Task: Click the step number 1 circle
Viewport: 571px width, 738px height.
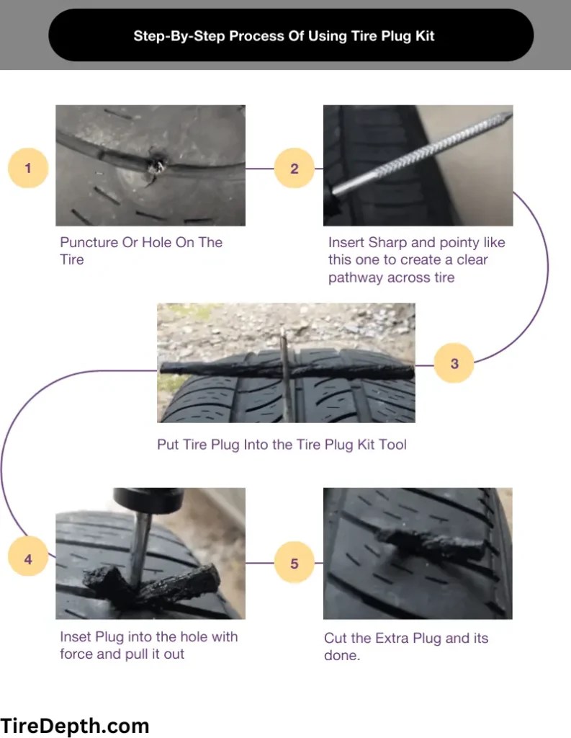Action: coord(28,168)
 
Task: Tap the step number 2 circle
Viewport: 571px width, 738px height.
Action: coord(295,168)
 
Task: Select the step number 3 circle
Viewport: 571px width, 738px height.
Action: coord(454,363)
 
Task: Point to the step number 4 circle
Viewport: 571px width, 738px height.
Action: coord(28,559)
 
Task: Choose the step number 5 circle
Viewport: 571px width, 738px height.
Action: coord(295,563)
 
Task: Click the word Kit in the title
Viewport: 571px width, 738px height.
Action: coord(426,36)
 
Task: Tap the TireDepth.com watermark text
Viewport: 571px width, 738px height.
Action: coord(74,725)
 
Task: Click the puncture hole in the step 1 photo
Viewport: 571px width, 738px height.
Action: coord(156,164)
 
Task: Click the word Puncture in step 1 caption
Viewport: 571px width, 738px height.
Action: coord(89,242)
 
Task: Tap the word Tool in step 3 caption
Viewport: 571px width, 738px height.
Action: coord(392,444)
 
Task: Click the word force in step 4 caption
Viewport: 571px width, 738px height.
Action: coord(76,654)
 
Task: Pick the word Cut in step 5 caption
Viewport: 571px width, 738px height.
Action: coord(336,638)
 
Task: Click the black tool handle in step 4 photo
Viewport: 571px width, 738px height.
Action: coord(148,499)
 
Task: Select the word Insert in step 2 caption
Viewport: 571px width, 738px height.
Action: coord(346,242)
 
